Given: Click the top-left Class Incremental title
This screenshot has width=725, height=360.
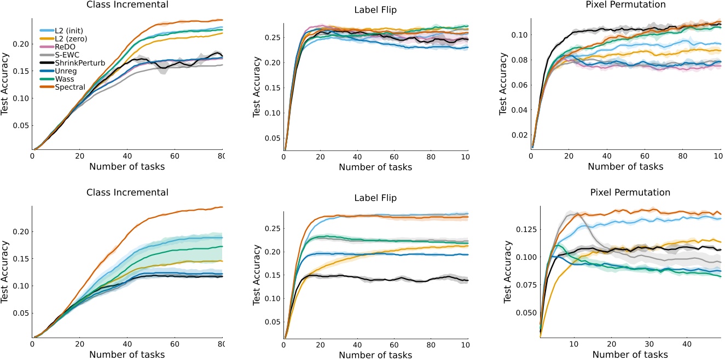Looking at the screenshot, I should click(x=127, y=5).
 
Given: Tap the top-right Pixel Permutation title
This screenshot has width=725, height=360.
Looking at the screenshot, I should click(x=627, y=5).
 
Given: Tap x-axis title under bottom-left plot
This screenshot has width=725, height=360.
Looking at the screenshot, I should click(x=127, y=354).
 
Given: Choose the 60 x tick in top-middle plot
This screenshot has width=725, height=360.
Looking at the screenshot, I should click(x=394, y=156).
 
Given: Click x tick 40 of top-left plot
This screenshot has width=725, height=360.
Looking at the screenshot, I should click(x=127, y=156).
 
